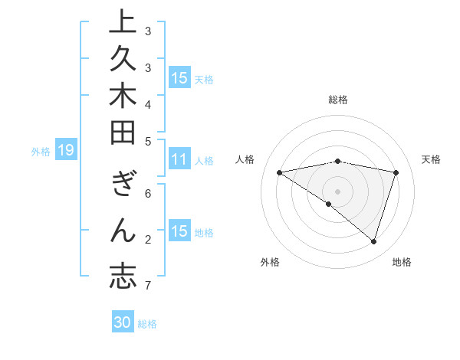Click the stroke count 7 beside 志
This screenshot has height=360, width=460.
pyautogui.click(x=147, y=286)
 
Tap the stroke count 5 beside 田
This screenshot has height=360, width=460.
pyautogui.click(x=147, y=141)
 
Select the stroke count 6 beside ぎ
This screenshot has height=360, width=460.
pyautogui.click(x=147, y=195)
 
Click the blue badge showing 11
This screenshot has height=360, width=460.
pyautogui.click(x=179, y=160)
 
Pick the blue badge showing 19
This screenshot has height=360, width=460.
pyautogui.click(x=66, y=151)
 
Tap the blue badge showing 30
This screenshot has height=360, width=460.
pyautogui.click(x=123, y=322)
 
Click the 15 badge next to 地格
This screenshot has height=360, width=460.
pyautogui.click(x=179, y=231)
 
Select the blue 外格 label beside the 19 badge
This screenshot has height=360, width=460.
pyautogui.click(x=41, y=152)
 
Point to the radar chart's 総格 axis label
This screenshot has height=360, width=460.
pyautogui.click(x=338, y=100)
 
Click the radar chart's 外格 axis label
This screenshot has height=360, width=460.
pyautogui.click(x=270, y=262)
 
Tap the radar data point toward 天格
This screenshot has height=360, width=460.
pyautogui.click(x=396, y=172)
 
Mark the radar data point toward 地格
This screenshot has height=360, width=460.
pyautogui.click(x=373, y=241)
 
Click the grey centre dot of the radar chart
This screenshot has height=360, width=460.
pyautogui.click(x=338, y=191)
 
